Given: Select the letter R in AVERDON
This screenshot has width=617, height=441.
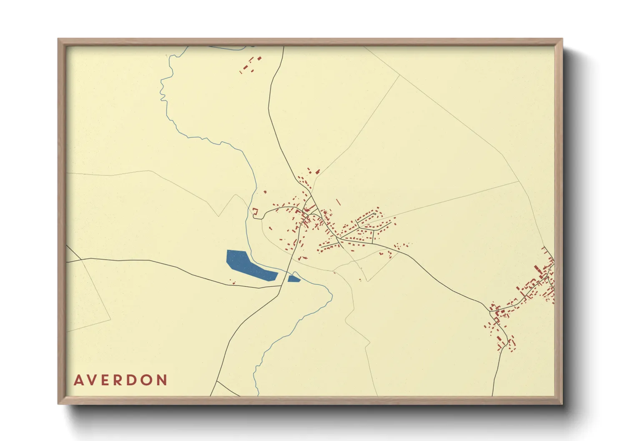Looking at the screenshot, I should pos(121,380).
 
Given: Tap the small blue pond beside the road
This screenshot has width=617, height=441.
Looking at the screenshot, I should pos(293,278).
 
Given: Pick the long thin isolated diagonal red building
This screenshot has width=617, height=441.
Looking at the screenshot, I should pos(339,202).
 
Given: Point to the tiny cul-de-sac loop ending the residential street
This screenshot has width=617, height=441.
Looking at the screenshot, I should pos(375,214).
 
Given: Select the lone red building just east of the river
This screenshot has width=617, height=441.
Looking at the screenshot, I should pos(265,192).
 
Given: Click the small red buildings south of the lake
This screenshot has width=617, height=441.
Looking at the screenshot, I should pos(233,283).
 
